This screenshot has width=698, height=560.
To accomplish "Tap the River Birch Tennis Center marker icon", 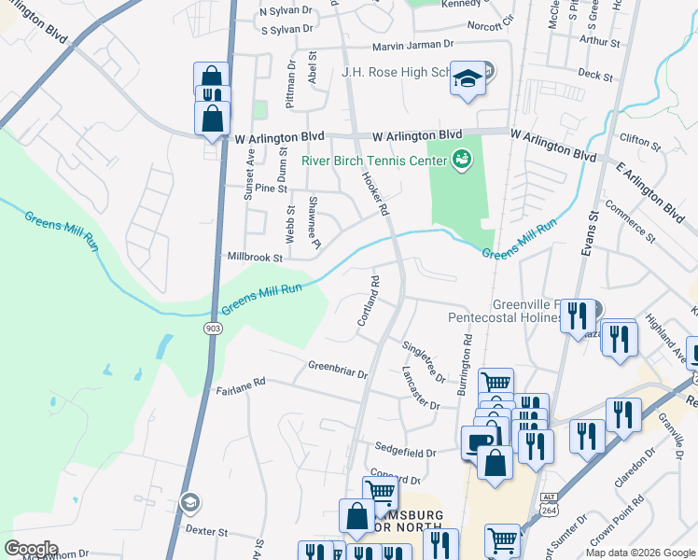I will click(x=460, y=160).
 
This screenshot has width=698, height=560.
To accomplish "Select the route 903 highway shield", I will click(x=213, y=329).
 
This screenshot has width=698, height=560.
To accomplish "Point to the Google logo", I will click(x=32, y=548).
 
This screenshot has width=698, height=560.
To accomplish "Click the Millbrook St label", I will click(x=255, y=256).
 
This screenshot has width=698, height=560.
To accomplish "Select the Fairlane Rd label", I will click(x=241, y=381).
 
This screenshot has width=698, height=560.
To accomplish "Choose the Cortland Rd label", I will click(x=368, y=301).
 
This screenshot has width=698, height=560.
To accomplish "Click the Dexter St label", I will click(x=206, y=531).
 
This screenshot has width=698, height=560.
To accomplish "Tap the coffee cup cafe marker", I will click(x=480, y=442).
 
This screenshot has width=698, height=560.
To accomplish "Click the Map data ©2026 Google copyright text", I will click(x=639, y=553).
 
